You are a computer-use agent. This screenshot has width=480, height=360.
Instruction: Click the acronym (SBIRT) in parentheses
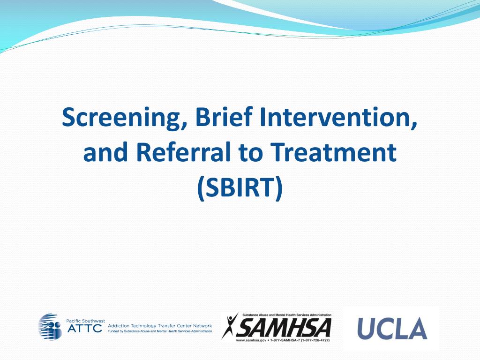[240, 187]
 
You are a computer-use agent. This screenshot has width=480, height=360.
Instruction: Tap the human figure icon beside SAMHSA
[230, 326]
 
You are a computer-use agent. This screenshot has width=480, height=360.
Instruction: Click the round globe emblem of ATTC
[50, 327]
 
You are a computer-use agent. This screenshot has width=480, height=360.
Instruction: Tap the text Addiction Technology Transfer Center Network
[160, 325]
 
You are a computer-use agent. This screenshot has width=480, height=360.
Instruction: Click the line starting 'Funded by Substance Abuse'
[160, 331]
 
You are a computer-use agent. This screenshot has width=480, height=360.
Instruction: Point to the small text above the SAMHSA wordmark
[286, 315]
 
